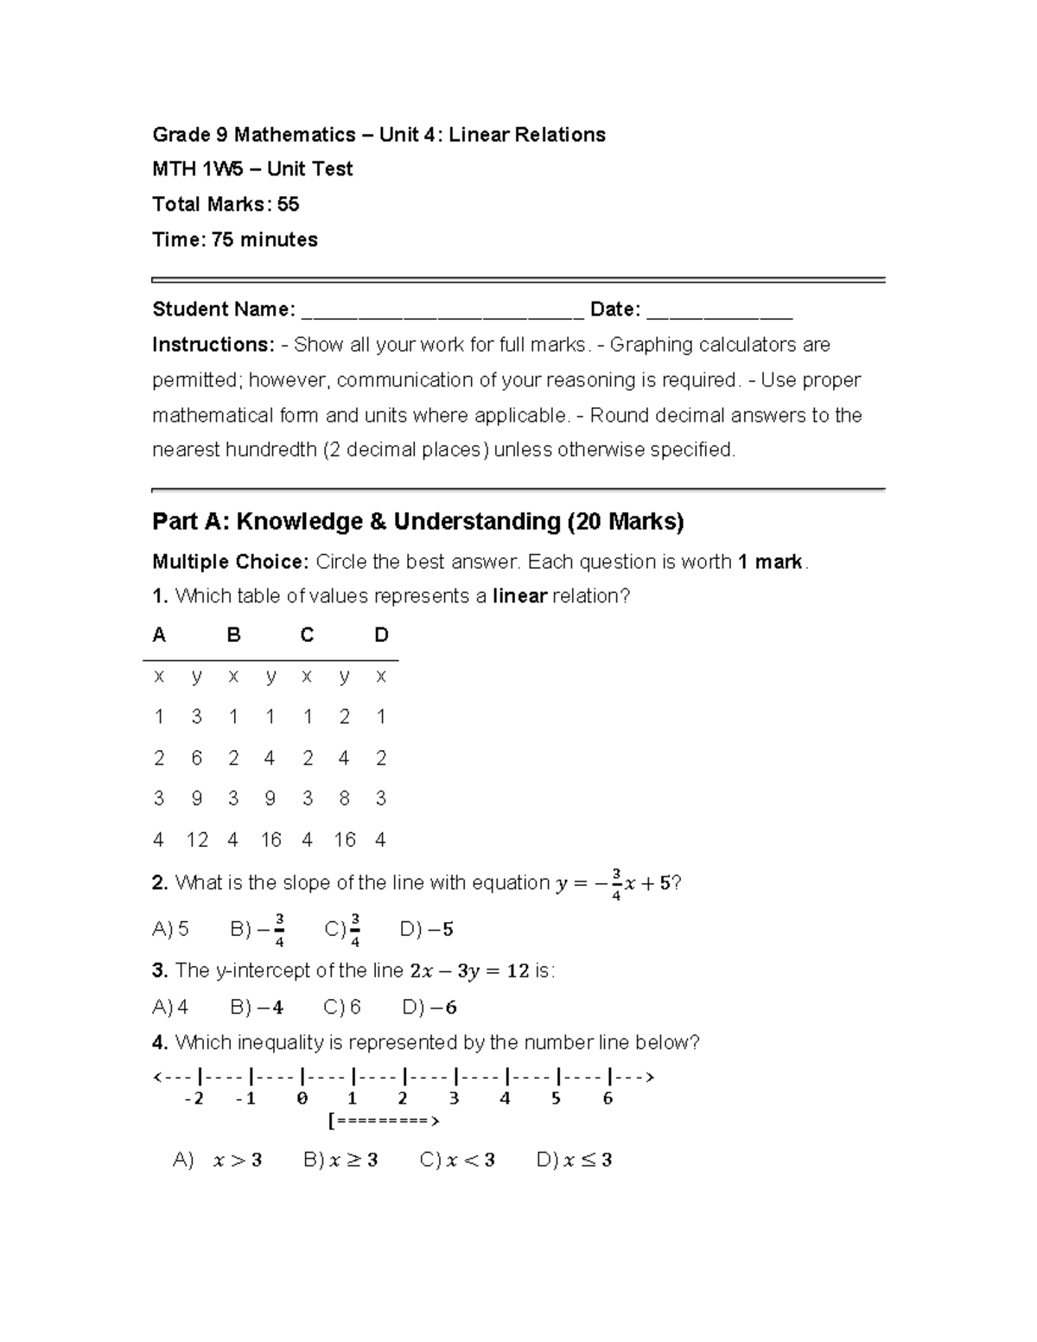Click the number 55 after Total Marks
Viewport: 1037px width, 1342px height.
[288, 205]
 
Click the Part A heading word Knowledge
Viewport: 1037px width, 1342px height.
[300, 522]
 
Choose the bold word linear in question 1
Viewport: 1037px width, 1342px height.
[519, 596]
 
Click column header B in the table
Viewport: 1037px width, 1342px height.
[233, 636]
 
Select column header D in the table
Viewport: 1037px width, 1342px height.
[381, 636]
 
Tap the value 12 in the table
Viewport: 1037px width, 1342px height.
[197, 840]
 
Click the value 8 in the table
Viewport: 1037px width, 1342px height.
[344, 798]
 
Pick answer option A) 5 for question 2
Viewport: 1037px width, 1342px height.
[170, 930]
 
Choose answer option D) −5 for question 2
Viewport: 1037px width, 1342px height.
[427, 930]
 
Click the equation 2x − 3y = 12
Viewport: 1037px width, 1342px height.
[469, 971]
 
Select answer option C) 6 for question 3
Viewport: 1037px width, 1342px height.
[342, 1008]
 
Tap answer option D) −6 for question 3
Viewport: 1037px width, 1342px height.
[429, 1008]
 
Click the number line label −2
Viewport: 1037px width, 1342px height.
[194, 1099]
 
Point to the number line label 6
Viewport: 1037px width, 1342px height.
[608, 1099]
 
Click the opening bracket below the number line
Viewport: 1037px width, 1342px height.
[331, 1122]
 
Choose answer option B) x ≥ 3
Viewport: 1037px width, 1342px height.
[340, 1161]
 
